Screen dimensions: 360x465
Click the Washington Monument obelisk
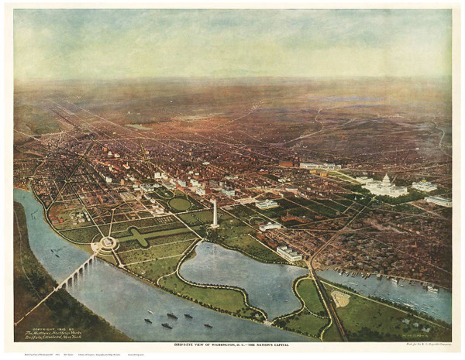point(215,213)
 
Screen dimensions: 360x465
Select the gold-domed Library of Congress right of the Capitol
point(424,186)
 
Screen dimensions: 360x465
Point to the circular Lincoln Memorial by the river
point(106,245)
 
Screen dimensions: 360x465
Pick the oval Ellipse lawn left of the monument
point(180,204)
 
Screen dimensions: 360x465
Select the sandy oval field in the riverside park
point(340,299)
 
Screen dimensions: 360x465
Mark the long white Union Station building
point(319,165)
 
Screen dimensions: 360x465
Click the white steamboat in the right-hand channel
point(432,289)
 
